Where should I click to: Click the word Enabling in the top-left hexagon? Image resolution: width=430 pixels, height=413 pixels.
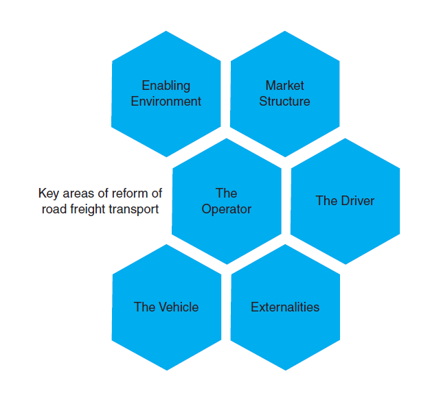coord(166,86)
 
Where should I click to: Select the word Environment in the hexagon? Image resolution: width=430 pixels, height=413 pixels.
coord(166,102)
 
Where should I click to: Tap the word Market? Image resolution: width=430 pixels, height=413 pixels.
coord(284,86)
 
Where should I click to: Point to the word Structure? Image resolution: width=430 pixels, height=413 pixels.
coord(284,102)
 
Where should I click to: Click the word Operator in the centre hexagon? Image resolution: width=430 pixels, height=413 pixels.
coord(226,209)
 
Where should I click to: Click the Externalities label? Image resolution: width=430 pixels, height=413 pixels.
coord(285,307)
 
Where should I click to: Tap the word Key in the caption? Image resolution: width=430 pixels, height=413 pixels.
coord(49,193)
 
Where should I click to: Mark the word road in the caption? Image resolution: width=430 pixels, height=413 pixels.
coord(53,209)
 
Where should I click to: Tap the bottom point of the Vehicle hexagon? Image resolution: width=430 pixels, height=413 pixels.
coord(167,370)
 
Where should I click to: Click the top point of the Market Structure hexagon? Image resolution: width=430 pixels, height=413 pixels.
coord(285,32)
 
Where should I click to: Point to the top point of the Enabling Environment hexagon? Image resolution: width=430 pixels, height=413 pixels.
coord(166,32)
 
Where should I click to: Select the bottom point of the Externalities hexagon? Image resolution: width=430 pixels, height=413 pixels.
coord(286,370)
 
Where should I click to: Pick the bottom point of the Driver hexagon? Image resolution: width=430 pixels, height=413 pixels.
coord(345,263)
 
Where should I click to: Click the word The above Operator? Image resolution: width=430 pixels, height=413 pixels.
coord(226,193)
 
